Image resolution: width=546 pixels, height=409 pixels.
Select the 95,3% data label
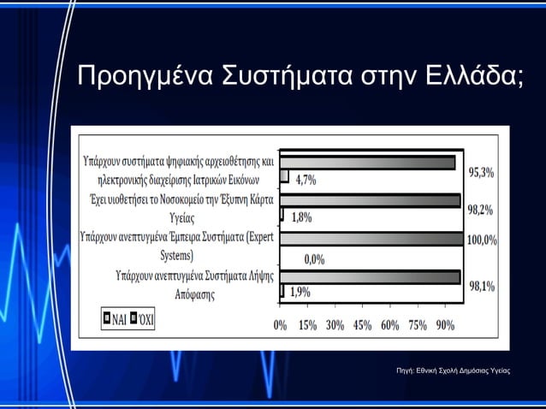pyautogui.click(x=481, y=172)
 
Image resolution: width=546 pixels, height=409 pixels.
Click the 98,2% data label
pyautogui.click(x=481, y=210)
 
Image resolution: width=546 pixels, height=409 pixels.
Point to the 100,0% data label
pyautogui.click(x=481, y=240)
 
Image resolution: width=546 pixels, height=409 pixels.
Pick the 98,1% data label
pyautogui.click(x=481, y=286)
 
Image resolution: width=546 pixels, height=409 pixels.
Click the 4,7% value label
pyautogui.click(x=306, y=180)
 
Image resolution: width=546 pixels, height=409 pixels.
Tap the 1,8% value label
pyautogui.click(x=301, y=217)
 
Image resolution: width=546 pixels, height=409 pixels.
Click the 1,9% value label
pyautogui.click(x=300, y=292)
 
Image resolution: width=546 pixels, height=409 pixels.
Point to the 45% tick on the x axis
pyautogui.click(x=362, y=325)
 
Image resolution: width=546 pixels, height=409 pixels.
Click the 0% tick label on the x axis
pyautogui.click(x=280, y=325)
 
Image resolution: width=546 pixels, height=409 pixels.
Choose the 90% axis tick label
pyautogui.click(x=444, y=325)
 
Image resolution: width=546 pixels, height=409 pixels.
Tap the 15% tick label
pyautogui.click(x=307, y=325)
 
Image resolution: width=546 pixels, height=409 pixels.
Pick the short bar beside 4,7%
pyautogui.click(x=284, y=176)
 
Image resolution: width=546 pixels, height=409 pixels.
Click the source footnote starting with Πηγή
pyautogui.click(x=448, y=370)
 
